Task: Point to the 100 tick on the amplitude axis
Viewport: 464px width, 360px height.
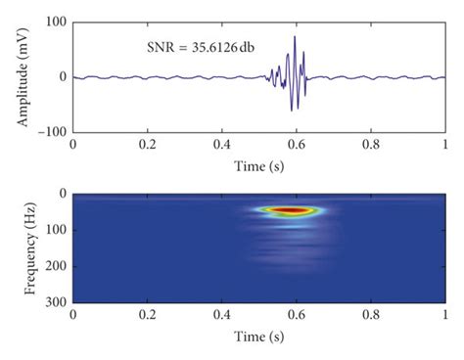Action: [55, 21]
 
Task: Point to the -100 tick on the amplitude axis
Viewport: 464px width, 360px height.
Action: [51, 131]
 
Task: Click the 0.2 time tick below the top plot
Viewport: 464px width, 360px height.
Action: [147, 144]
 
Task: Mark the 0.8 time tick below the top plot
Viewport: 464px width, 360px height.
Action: [371, 144]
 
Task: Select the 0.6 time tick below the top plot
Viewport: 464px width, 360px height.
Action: [297, 144]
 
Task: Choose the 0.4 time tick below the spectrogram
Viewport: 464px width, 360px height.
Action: [222, 318]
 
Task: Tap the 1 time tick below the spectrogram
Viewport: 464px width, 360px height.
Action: [445, 318]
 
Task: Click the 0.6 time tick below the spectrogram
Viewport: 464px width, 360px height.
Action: [297, 318]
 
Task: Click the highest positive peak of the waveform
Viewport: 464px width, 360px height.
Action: [295, 37]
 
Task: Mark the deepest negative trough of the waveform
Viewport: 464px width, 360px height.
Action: [292, 110]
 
